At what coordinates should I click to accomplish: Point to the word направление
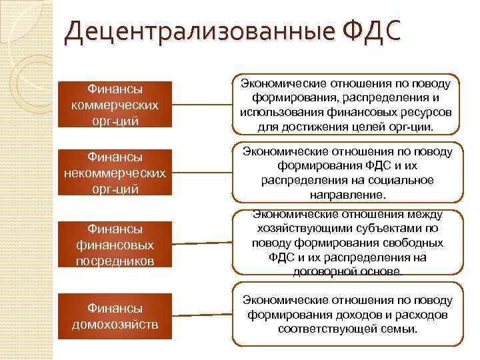pyautogui.click(x=347, y=195)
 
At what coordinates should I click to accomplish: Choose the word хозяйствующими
pyautogui.click(x=292, y=228)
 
